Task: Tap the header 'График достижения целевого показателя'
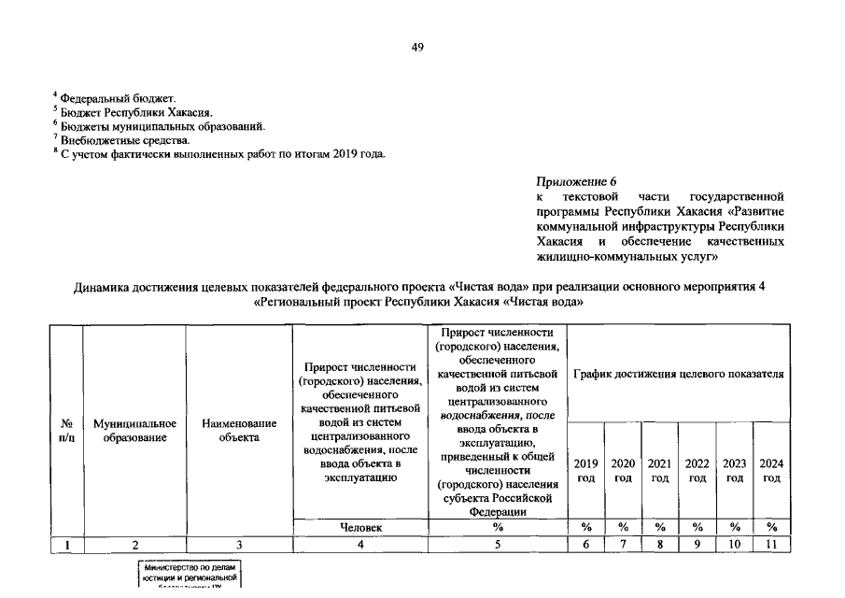[x=678, y=374]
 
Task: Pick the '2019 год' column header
[x=585, y=470]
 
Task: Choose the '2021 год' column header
[x=659, y=470]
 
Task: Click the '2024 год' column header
[x=771, y=470]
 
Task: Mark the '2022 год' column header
[x=697, y=470]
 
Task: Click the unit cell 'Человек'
[x=359, y=528]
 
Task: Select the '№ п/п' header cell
[x=68, y=431]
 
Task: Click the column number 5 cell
[x=498, y=545]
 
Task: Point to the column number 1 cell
[x=68, y=545]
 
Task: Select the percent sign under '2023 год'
[x=734, y=528]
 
